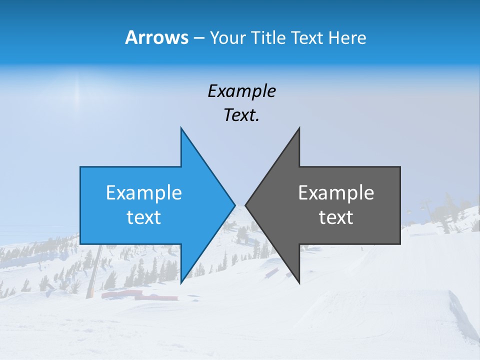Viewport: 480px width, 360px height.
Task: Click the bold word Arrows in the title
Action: click(156, 37)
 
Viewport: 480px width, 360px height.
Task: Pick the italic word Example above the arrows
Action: click(241, 91)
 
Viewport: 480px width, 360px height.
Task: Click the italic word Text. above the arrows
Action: click(241, 115)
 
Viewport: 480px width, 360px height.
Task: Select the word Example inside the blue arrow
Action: click(144, 192)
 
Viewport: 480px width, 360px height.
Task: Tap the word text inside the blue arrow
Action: click(144, 217)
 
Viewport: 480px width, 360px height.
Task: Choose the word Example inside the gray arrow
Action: click(336, 192)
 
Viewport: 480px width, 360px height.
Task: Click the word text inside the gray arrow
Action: click(336, 217)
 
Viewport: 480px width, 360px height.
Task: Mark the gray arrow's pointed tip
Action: click(246, 205)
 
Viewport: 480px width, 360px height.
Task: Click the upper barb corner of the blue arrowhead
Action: click(181, 128)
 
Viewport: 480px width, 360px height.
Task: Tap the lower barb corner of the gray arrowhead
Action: click(299, 282)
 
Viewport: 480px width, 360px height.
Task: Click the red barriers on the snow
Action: click(140, 295)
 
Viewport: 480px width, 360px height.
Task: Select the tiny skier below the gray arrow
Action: click(361, 248)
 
